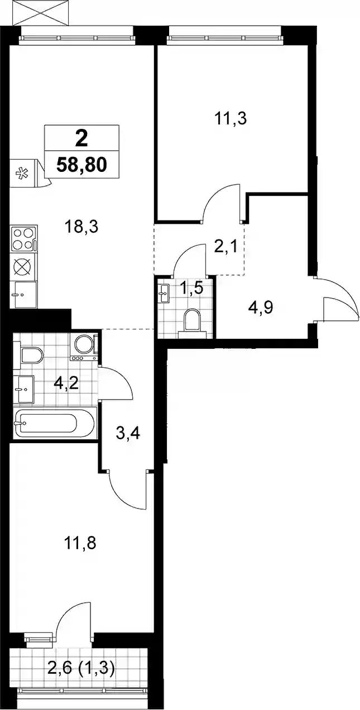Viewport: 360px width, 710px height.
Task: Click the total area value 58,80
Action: (81, 165)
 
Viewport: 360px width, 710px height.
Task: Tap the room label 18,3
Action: (81, 227)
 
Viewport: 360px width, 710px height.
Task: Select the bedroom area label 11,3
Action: (231, 119)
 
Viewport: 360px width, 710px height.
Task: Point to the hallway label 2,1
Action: (225, 247)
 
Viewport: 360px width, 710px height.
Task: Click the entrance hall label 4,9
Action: (261, 308)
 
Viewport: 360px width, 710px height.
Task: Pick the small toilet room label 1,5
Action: (191, 288)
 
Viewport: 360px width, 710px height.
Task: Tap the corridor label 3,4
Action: (128, 433)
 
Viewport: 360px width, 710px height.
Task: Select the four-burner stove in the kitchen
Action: (24, 239)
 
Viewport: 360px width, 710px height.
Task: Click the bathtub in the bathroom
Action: (55, 424)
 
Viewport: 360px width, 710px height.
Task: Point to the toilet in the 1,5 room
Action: (193, 323)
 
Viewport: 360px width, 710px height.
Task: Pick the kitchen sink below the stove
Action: (23, 294)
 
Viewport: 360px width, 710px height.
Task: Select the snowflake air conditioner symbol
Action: (23, 173)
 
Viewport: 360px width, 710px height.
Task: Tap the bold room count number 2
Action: (81, 140)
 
